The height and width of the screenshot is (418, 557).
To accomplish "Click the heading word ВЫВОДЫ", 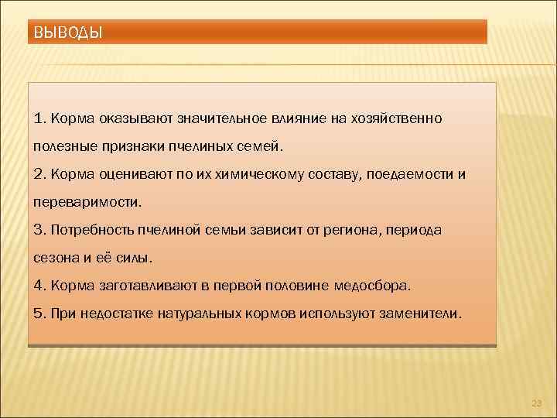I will pyautogui.click(x=69, y=33).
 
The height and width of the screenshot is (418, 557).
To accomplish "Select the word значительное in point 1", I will pyautogui.click(x=221, y=118).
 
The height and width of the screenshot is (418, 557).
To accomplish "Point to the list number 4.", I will pyautogui.click(x=39, y=286).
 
